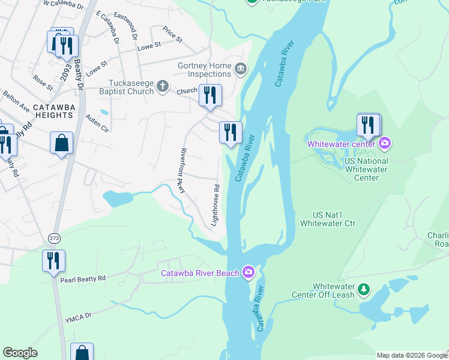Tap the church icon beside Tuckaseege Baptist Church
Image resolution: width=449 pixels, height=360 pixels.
162,87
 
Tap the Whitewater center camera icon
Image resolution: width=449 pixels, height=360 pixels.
385,143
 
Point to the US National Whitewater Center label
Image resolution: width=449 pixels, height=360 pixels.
366,169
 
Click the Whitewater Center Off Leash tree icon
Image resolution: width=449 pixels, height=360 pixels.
364,290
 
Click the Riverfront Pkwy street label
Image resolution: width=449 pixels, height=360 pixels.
184,170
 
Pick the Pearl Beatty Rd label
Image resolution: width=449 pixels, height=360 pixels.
83,278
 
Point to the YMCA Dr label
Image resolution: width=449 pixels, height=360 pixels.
79,314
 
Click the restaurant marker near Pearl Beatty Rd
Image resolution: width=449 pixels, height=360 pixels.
53,260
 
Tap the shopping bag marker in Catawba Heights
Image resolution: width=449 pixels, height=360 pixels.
61,143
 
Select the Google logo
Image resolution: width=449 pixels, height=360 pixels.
20,353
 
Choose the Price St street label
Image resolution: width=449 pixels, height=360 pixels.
172,35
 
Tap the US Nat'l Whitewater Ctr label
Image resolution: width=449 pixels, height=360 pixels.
334,219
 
